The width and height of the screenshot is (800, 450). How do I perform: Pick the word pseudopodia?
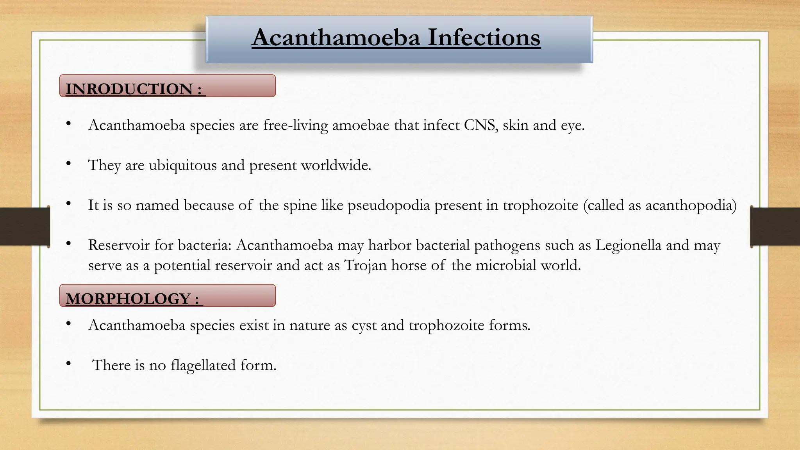coord(389,205)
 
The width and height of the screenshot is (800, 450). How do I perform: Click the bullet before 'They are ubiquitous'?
coord(69,164)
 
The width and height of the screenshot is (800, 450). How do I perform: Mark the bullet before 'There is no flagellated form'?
coord(69,364)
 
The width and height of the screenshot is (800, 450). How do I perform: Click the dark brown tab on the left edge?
coord(25,227)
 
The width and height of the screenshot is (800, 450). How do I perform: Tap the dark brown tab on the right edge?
coord(775,227)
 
